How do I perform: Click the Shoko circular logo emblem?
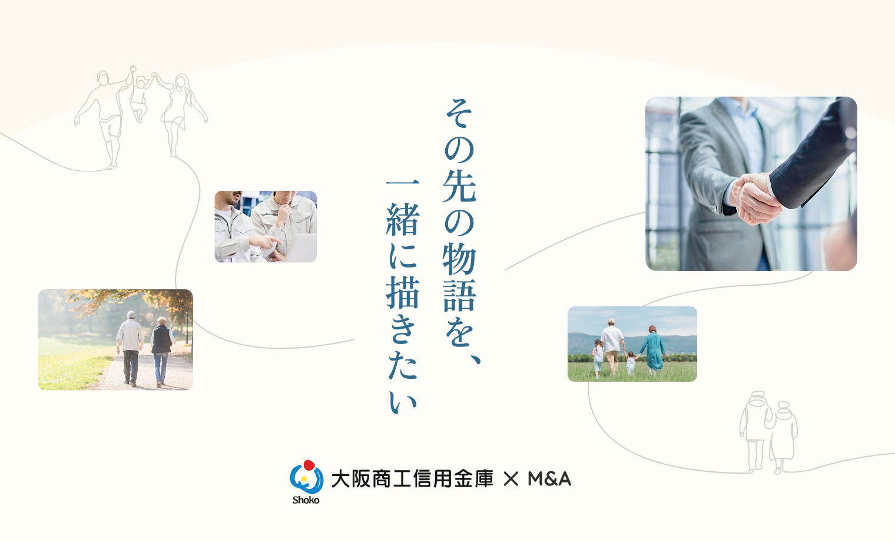click(x=306, y=477)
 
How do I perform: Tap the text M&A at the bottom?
click(x=549, y=479)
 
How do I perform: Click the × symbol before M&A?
click(x=511, y=479)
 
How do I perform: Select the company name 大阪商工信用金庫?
click(x=412, y=479)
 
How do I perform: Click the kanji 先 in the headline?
click(x=459, y=186)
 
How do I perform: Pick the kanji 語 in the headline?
click(x=459, y=295)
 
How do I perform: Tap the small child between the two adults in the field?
click(x=631, y=362)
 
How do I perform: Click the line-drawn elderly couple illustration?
click(x=768, y=432)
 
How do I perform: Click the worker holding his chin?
click(x=284, y=223)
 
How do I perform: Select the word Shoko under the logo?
click(x=306, y=500)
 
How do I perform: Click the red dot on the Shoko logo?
click(x=309, y=465)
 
